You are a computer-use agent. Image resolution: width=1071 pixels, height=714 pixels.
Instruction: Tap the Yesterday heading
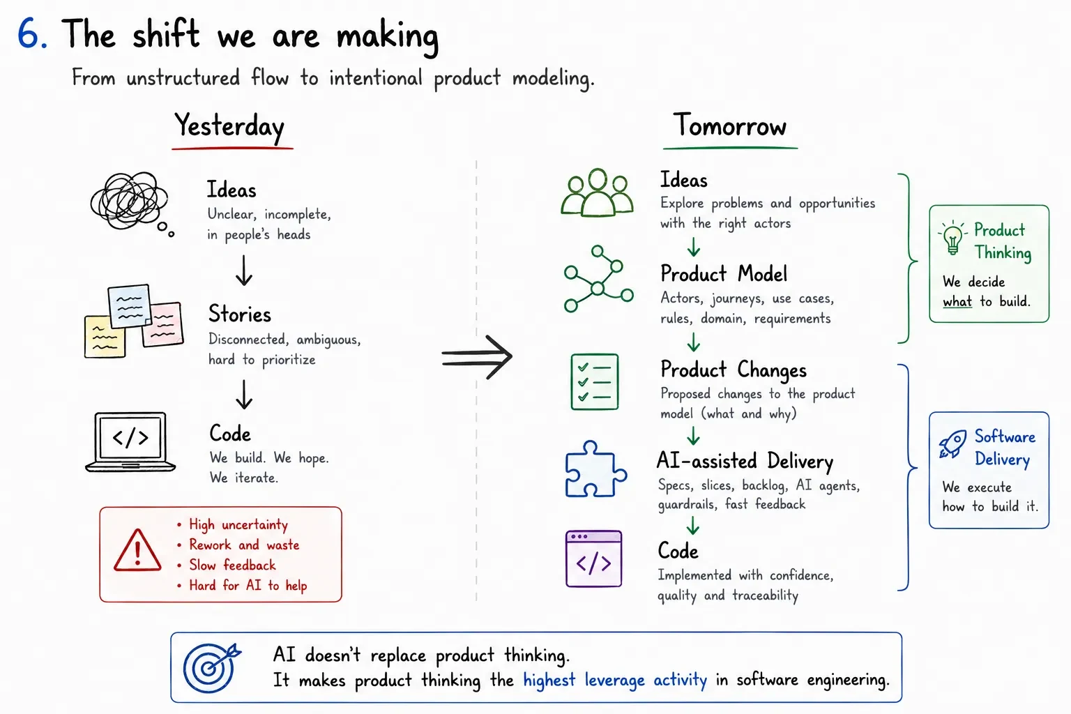(229, 126)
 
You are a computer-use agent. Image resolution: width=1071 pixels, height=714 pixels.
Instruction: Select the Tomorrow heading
(729, 126)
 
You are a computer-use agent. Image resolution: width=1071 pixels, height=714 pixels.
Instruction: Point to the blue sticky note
(129, 306)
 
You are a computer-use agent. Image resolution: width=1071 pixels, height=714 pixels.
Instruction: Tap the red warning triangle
(137, 550)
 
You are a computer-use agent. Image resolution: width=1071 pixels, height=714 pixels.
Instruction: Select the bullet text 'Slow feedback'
(232, 565)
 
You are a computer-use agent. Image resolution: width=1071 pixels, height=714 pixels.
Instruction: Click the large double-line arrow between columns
(477, 357)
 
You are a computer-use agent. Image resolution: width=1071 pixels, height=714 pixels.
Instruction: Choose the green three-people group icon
(597, 192)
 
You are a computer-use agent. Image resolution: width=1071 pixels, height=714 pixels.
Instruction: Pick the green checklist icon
(594, 381)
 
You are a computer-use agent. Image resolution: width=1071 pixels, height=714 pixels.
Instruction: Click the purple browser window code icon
(593, 559)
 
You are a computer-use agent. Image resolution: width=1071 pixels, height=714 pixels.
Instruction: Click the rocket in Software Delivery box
(952, 444)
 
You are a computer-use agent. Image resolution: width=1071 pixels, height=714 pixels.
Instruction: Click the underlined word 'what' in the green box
(957, 301)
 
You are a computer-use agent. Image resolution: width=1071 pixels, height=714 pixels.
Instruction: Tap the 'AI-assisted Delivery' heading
(745, 461)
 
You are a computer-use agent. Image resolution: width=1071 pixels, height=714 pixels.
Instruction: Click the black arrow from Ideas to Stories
(244, 271)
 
